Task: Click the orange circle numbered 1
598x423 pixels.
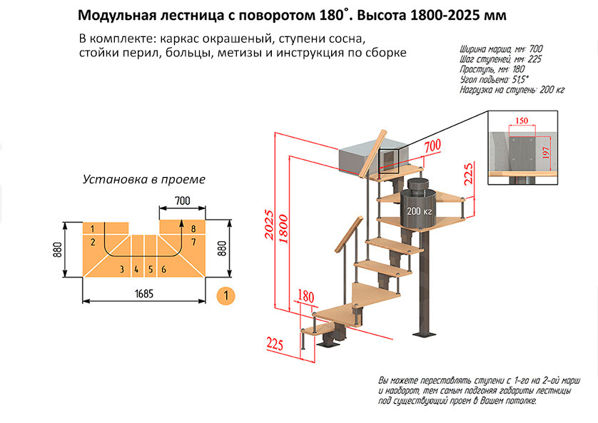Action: click(x=225, y=294)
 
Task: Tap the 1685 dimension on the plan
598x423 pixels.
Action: click(x=145, y=293)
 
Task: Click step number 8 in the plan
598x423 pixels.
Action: click(x=193, y=228)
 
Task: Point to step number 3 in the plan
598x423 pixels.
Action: click(x=122, y=269)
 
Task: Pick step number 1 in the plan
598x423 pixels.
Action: click(x=93, y=228)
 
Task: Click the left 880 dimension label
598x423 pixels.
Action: click(x=57, y=249)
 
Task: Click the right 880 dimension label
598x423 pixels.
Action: click(x=221, y=249)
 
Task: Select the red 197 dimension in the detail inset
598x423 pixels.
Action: click(x=547, y=152)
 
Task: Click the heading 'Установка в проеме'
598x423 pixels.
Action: click(x=144, y=179)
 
